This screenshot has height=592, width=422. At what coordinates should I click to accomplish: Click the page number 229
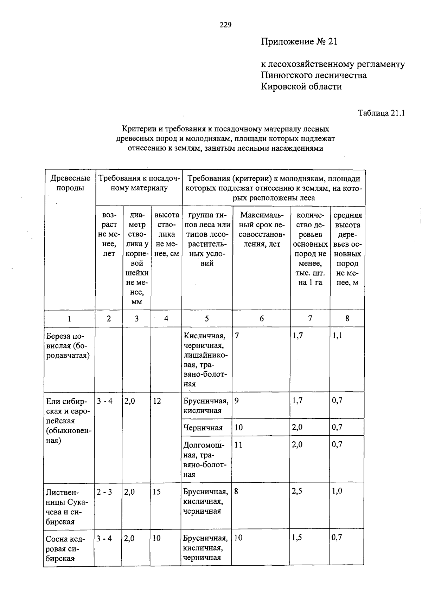click(x=225, y=25)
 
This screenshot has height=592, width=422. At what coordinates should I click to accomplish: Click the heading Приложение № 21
click(x=299, y=42)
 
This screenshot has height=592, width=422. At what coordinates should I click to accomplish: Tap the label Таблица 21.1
click(x=382, y=113)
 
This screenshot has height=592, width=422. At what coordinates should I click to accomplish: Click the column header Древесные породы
click(x=70, y=183)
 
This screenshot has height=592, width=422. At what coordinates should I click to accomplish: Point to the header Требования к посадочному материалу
click(x=139, y=183)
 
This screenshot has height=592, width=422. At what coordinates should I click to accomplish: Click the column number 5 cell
click(x=207, y=319)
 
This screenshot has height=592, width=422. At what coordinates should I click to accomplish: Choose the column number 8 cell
click(x=347, y=319)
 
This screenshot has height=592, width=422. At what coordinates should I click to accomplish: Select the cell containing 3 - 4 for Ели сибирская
click(x=105, y=401)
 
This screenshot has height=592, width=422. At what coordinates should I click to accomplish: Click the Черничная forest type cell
click(x=203, y=428)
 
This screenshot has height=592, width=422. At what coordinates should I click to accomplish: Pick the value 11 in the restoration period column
click(x=238, y=445)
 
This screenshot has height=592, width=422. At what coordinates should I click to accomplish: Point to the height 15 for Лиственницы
click(x=157, y=492)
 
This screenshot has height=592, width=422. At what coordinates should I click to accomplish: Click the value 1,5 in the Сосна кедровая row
click(x=297, y=538)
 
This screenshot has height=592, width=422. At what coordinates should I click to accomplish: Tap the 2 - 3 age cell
click(x=104, y=492)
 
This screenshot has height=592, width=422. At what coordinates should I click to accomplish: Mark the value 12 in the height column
click(x=157, y=401)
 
